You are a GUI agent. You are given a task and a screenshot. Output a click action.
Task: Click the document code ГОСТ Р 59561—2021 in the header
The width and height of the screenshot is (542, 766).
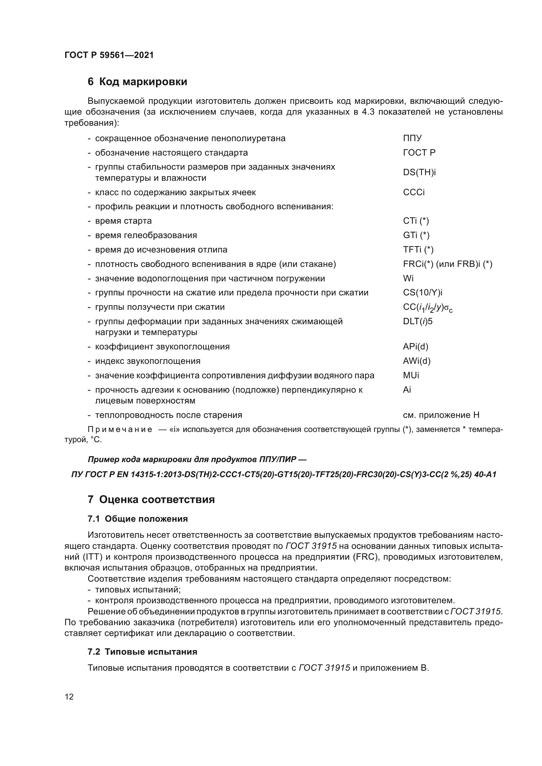(109, 55)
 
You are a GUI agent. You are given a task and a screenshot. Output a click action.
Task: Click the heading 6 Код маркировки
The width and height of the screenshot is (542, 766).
(137, 82)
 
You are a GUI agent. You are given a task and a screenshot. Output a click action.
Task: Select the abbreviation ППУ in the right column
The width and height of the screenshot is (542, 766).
(412, 138)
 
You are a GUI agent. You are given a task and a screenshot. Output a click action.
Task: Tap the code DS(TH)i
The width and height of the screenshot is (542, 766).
(419, 172)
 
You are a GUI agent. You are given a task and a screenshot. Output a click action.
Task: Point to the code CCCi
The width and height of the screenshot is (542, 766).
(414, 193)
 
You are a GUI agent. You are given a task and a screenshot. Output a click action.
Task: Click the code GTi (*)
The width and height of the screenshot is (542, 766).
(416, 235)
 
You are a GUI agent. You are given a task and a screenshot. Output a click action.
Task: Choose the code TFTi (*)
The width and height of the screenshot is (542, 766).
(418, 250)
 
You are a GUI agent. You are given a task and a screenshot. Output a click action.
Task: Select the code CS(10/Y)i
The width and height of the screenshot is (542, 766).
(422, 292)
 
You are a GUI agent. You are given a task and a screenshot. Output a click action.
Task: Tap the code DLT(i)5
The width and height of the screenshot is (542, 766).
(417, 321)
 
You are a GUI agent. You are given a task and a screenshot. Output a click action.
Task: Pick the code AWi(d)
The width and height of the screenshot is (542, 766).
(416, 361)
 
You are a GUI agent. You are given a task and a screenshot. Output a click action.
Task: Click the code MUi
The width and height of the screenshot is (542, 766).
(411, 375)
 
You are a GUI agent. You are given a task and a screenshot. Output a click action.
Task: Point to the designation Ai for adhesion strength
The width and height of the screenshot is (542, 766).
(407, 390)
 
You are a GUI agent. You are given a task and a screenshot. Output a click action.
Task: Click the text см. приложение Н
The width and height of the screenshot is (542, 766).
(441, 415)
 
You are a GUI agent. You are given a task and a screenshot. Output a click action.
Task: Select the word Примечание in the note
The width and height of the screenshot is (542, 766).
(120, 430)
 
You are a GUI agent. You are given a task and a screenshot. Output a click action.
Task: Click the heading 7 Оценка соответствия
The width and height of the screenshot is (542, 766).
(151, 499)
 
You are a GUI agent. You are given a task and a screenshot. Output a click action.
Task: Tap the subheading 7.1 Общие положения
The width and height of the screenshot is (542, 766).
(138, 519)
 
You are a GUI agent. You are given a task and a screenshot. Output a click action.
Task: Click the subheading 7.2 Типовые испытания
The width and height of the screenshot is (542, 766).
(142, 652)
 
